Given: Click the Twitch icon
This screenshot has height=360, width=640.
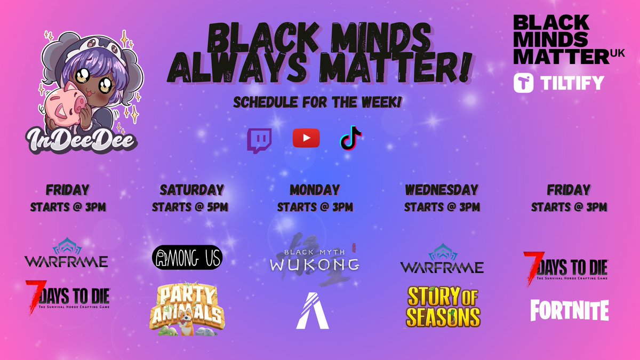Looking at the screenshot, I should click(260, 140).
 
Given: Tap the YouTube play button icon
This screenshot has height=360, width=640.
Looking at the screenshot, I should click(306, 138).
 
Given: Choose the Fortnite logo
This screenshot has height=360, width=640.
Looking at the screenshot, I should click(569, 310).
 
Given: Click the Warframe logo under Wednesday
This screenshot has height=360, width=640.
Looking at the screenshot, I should click(442, 260).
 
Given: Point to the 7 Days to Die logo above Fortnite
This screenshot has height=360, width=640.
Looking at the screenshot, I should click(565, 266).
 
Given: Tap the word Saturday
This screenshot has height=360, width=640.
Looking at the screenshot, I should click(191, 190).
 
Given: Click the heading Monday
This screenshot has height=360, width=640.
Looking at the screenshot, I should click(315, 190).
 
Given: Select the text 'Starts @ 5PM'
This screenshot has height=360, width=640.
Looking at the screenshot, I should click(190, 207).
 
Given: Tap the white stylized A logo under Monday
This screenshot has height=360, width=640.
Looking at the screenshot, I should click(313, 310).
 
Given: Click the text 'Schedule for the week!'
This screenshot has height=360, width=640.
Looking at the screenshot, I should click(317, 103).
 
